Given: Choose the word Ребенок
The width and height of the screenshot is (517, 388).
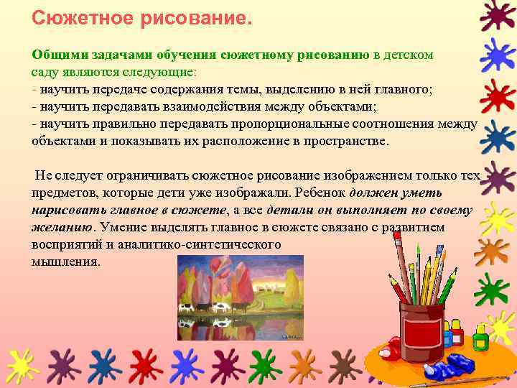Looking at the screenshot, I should click(x=320, y=193).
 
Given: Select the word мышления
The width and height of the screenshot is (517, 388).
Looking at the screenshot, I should click(x=66, y=262).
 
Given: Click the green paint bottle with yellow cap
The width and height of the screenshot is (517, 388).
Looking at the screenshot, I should click(x=480, y=335).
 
